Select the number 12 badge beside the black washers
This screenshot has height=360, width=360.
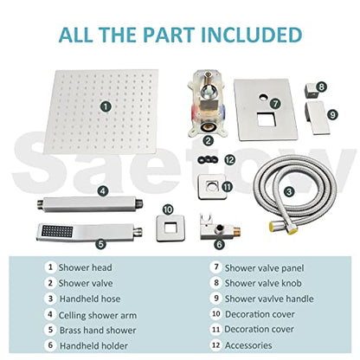coord(253,159)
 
